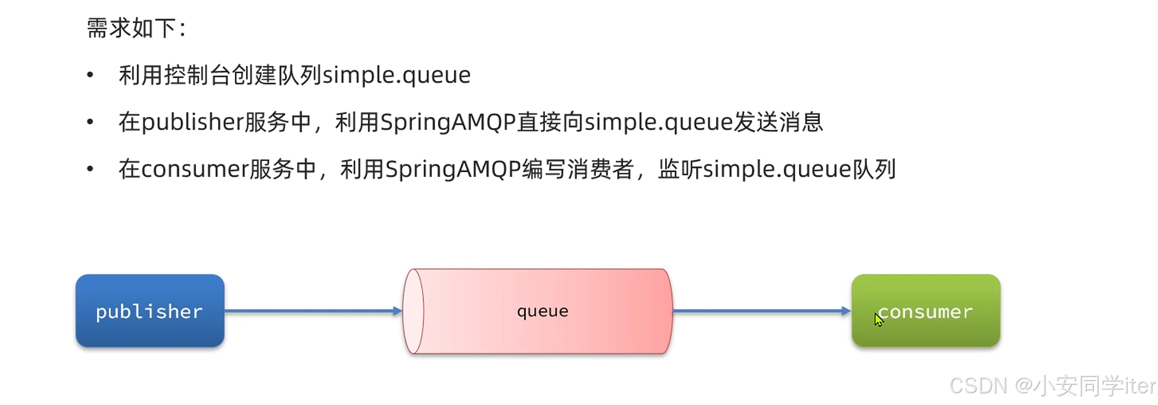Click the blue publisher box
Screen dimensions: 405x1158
click(150, 311)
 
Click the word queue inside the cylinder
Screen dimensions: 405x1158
click(542, 311)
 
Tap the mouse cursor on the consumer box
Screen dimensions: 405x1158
click(879, 319)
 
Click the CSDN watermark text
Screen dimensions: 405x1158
click(1052, 386)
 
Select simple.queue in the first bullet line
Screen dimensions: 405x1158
click(396, 75)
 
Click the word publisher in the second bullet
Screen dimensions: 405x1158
click(192, 122)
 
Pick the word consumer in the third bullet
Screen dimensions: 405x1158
click(194, 170)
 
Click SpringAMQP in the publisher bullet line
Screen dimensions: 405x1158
click(448, 122)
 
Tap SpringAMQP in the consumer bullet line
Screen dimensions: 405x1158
click(453, 170)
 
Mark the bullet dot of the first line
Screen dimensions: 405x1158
click(90, 75)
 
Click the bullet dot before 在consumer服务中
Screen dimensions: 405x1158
click(90, 169)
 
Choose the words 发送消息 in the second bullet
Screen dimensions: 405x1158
click(778, 122)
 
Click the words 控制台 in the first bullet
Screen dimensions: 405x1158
click(186, 75)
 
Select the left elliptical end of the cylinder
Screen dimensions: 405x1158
click(413, 311)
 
